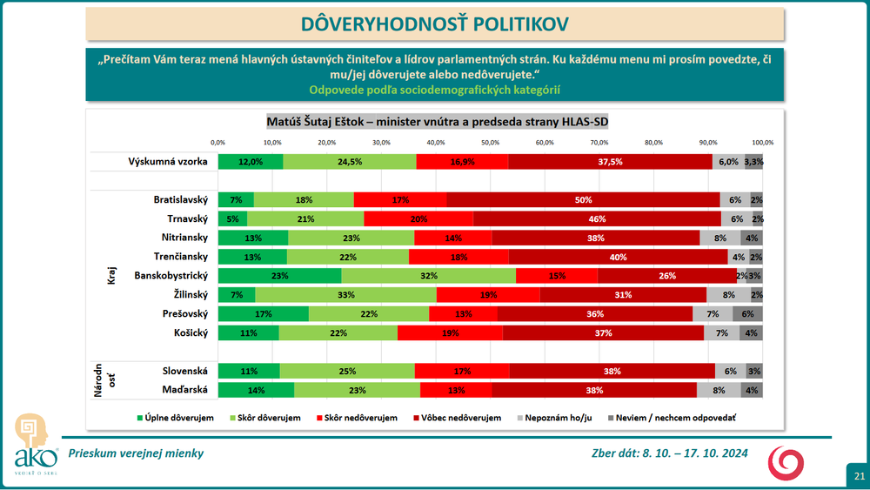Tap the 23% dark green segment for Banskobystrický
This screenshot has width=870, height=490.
tap(279, 275)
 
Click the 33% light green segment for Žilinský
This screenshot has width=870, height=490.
tap(345, 294)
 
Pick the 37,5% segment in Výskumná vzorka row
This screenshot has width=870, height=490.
tap(610, 161)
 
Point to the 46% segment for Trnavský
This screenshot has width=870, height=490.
tap(597, 218)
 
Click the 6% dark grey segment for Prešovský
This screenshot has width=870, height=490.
tap(747, 313)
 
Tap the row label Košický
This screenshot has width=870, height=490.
tap(191, 332)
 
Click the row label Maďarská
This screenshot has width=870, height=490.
tap(184, 390)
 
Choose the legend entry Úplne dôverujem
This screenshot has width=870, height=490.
tap(178, 418)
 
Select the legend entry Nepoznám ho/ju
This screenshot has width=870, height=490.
tap(570, 418)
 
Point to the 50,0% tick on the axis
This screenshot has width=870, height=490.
tap(491, 142)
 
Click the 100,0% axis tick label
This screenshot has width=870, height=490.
tap(763, 142)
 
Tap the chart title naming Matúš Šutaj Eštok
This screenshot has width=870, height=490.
tap(436, 120)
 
